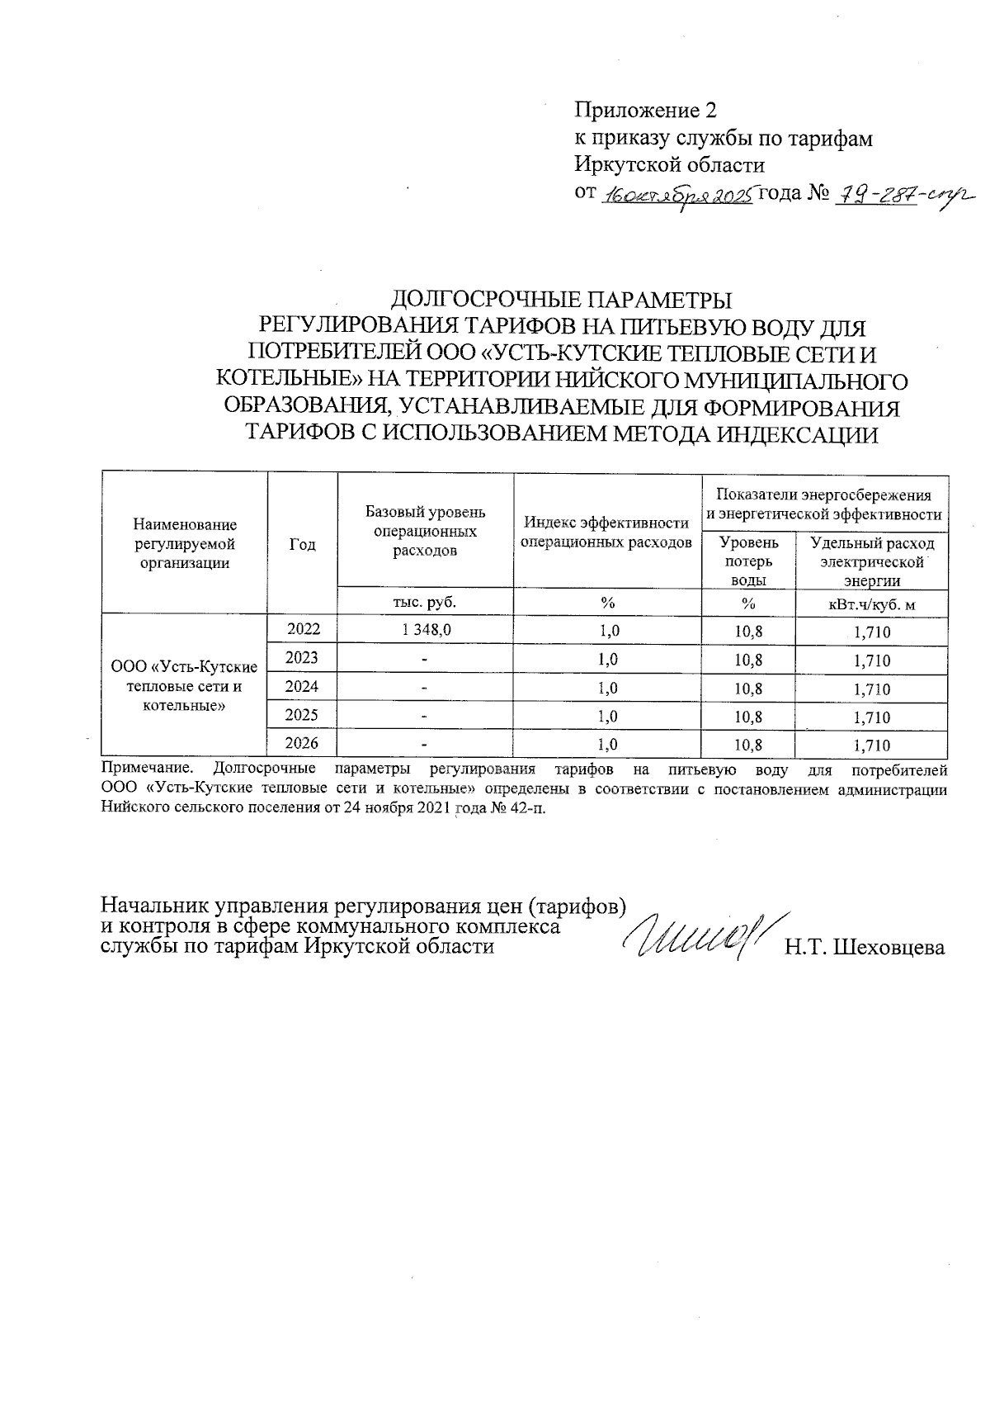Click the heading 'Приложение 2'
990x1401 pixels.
pyautogui.click(x=646, y=111)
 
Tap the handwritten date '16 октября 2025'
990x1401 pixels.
pyautogui.click(x=677, y=196)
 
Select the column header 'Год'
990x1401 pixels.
pyautogui.click(x=303, y=545)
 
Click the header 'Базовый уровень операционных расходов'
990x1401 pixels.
pyautogui.click(x=426, y=531)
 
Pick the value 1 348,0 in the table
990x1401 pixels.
pyautogui.click(x=427, y=631)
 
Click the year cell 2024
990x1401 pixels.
pyautogui.click(x=303, y=687)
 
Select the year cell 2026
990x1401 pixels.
pyautogui.click(x=303, y=744)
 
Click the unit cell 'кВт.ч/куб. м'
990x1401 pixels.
pyautogui.click(x=871, y=604)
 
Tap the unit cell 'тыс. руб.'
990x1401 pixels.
pyautogui.click(x=426, y=602)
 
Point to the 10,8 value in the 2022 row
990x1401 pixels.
pyautogui.click(x=748, y=632)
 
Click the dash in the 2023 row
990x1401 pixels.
pyautogui.click(x=425, y=660)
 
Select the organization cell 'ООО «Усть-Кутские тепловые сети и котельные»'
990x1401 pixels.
pyautogui.click(x=184, y=686)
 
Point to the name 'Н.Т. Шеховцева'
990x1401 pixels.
pyautogui.click(x=864, y=948)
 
